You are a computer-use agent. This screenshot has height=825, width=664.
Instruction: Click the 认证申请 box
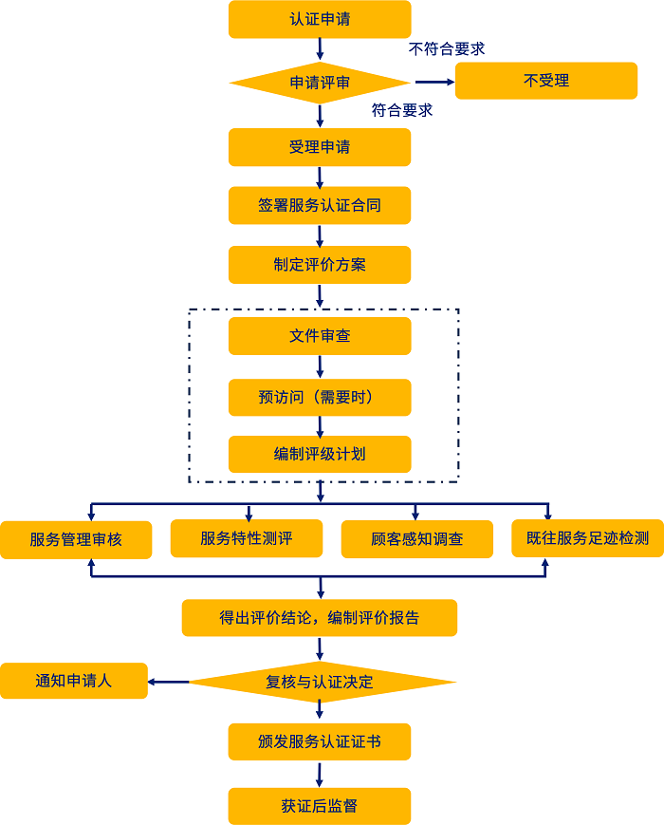(320, 19)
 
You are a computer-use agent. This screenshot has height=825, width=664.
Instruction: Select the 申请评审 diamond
(320, 83)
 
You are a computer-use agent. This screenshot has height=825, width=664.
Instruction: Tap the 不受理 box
(546, 81)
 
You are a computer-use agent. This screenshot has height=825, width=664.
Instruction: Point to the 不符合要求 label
(447, 48)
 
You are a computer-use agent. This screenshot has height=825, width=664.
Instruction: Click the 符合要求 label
(402, 110)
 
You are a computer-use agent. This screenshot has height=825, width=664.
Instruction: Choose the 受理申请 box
(320, 147)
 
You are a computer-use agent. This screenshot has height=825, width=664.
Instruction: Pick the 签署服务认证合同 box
(320, 205)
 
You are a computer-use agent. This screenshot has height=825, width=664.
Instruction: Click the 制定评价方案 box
(320, 265)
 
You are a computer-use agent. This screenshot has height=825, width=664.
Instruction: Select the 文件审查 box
(320, 336)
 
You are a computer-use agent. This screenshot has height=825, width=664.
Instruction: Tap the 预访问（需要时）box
(320, 398)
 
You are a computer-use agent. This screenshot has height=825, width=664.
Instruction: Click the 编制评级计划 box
(320, 454)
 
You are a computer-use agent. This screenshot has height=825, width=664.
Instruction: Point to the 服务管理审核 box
(76, 540)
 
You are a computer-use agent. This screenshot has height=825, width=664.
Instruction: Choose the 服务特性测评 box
(247, 538)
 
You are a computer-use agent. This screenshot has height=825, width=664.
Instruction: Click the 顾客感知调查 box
(417, 539)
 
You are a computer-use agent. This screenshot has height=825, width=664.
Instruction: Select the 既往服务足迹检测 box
(587, 538)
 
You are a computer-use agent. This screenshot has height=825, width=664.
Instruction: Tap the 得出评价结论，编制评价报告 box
(320, 618)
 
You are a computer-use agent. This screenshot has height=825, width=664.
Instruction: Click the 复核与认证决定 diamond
(320, 682)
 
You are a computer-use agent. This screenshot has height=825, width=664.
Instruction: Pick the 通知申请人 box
(74, 681)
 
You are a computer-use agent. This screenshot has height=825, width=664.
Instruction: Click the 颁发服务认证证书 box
(320, 741)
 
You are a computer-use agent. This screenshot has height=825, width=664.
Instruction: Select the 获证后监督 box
(320, 806)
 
